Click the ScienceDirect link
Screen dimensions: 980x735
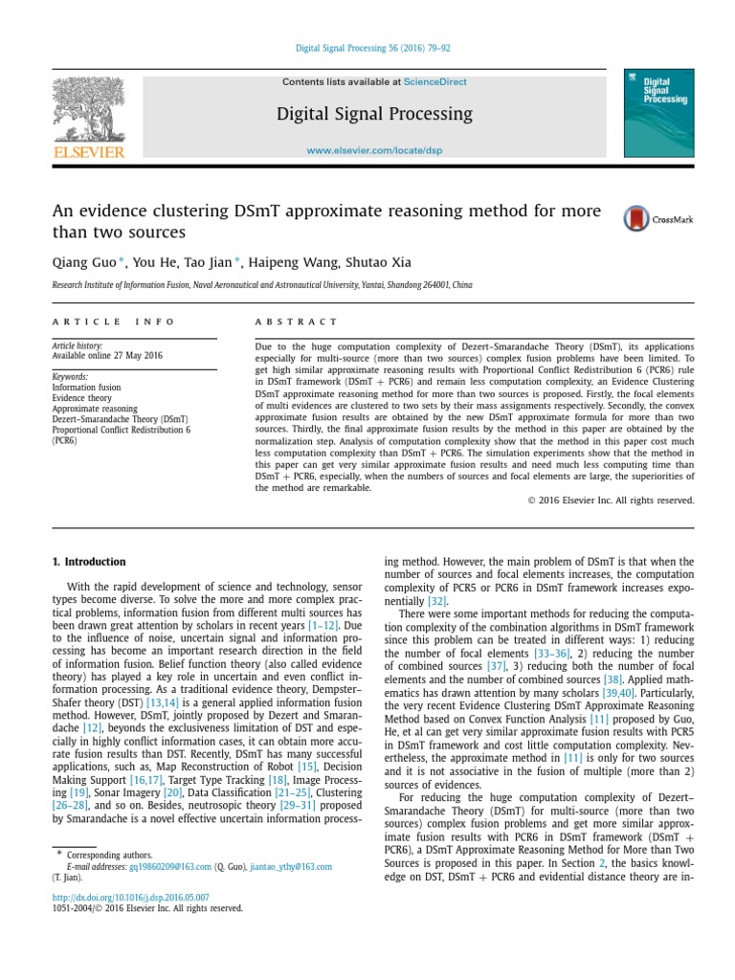point(435,82)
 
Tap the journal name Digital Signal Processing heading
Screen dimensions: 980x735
point(374,114)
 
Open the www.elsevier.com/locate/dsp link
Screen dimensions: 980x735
point(374,151)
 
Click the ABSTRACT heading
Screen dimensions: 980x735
point(297,322)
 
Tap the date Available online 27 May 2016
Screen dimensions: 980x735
point(106,355)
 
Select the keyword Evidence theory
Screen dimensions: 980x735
point(82,398)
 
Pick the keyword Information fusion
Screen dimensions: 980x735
point(86,388)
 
